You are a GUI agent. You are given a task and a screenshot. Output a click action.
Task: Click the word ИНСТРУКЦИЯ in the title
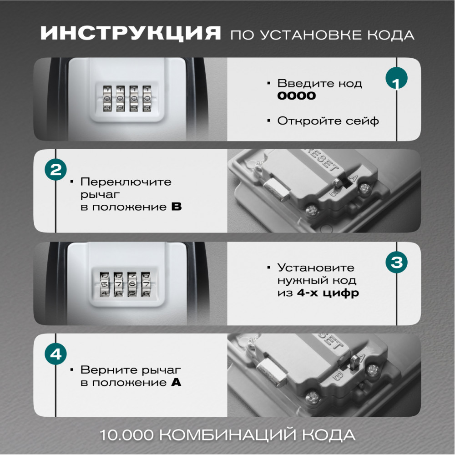pos(131,33)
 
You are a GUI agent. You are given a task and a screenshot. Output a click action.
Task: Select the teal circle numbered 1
pos(396,78)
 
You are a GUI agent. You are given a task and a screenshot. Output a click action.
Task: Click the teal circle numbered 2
pos(56,169)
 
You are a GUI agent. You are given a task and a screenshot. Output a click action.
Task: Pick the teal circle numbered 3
pos(396,262)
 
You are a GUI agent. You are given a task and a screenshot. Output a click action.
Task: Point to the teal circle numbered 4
pos(56,354)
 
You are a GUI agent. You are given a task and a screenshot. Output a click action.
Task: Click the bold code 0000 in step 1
pos(297,96)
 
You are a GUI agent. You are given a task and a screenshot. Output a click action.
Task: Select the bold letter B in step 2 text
pos(177,207)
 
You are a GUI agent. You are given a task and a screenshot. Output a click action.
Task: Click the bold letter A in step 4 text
pos(176,382)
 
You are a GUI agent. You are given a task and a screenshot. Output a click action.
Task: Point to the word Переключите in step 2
pos(126,182)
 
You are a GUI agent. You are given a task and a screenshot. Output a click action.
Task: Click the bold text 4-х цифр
pos(328,293)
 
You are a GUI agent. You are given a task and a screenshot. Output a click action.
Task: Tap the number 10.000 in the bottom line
pos(126,435)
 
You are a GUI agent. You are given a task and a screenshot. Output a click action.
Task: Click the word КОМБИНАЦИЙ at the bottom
pos(228,435)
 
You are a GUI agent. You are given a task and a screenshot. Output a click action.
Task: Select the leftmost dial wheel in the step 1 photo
pos(107,98)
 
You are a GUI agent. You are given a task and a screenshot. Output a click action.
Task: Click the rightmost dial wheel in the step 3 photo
pos(146,284)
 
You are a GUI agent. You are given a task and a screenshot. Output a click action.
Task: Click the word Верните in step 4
pos(106,369)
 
